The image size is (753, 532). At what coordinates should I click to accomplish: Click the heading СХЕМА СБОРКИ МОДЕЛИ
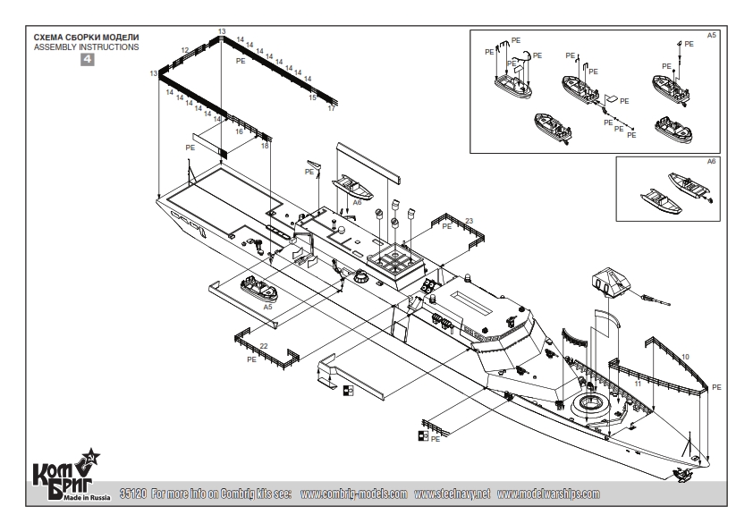click(x=84, y=38)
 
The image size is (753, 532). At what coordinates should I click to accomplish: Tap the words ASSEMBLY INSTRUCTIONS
click(x=86, y=46)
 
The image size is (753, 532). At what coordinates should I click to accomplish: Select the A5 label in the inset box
click(x=712, y=34)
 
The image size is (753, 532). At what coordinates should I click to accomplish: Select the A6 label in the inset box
click(x=712, y=162)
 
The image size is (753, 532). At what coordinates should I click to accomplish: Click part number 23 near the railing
click(x=469, y=219)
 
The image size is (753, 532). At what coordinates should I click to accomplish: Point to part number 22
click(x=264, y=346)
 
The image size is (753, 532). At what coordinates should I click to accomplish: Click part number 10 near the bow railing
click(x=685, y=356)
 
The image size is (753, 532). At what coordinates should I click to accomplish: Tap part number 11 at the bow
click(x=637, y=382)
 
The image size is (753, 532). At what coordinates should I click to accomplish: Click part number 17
click(x=332, y=108)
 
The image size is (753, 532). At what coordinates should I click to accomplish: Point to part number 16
click(x=239, y=131)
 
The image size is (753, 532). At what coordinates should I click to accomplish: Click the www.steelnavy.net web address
click(x=452, y=494)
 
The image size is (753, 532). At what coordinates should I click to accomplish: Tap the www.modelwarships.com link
click(x=548, y=494)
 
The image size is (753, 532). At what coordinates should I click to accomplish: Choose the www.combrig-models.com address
click(x=354, y=494)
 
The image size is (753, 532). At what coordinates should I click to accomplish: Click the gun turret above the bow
click(x=611, y=284)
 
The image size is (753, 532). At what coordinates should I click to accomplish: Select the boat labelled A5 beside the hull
click(x=258, y=290)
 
